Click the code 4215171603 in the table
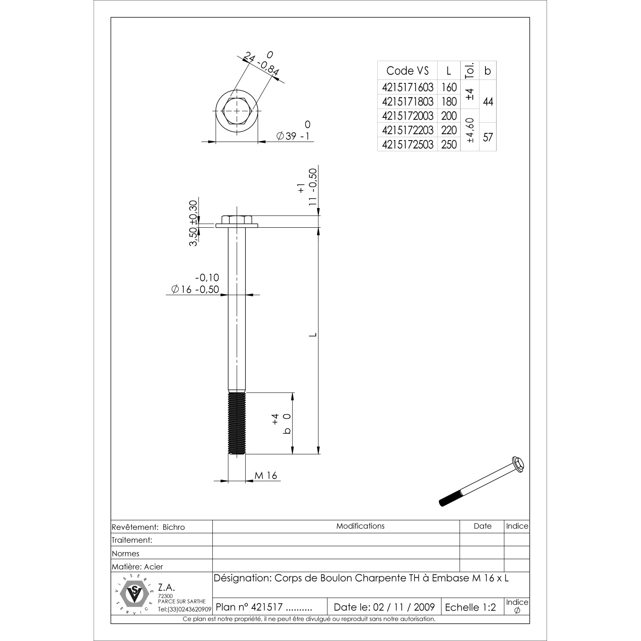408,88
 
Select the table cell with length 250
449,144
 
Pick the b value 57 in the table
488,137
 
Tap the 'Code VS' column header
407,71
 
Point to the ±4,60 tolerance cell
470,130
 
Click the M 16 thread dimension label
266,475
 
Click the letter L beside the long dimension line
313,335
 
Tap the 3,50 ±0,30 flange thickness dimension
194,223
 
